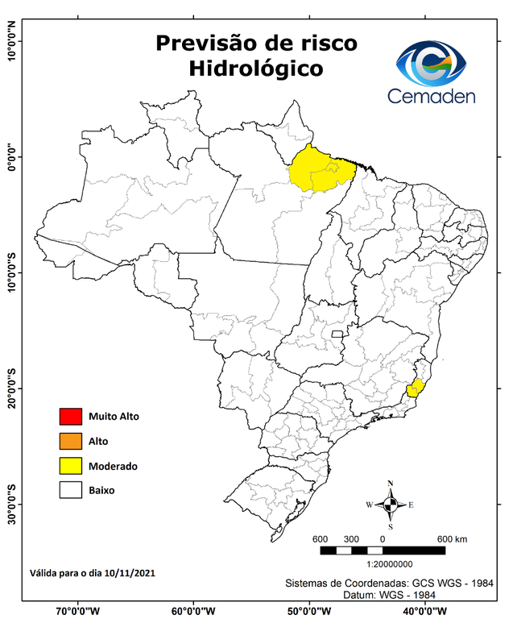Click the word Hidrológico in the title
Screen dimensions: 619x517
[x=255, y=69]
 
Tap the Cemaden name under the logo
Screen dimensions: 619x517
[x=431, y=96]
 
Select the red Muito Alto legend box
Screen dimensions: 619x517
[x=71, y=417]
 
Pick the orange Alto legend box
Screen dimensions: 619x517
[x=71, y=441]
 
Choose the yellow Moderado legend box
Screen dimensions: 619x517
[x=71, y=466]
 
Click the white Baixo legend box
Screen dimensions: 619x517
[x=71, y=490]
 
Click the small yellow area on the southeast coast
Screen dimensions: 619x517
[x=416, y=388]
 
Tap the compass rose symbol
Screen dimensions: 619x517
[x=390, y=505]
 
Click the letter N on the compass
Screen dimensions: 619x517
[x=391, y=484]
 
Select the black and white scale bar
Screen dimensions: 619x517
[x=383, y=550]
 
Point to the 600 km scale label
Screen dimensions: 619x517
[x=451, y=538]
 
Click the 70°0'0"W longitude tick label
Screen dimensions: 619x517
[x=78, y=610]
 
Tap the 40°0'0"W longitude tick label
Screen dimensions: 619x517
[x=428, y=610]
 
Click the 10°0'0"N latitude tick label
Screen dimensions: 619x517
[x=10, y=41]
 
